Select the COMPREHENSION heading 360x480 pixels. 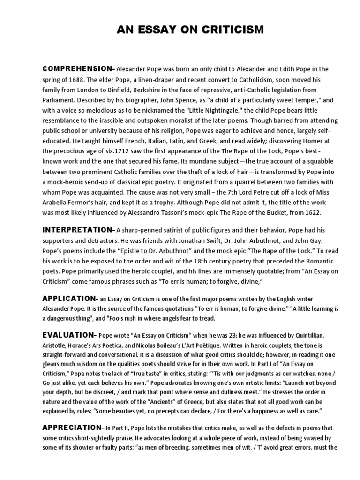pos(78,69)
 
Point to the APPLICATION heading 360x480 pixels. pos(69,298)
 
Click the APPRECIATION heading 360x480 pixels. pos(72,427)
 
